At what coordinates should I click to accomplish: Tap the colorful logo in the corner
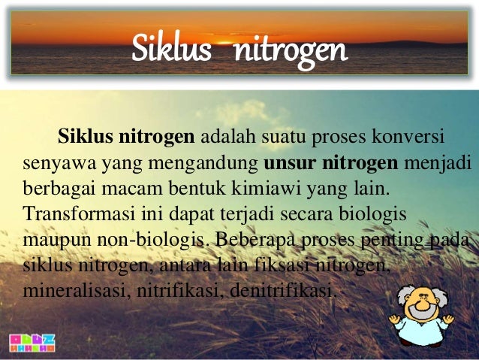[x=33, y=343]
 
